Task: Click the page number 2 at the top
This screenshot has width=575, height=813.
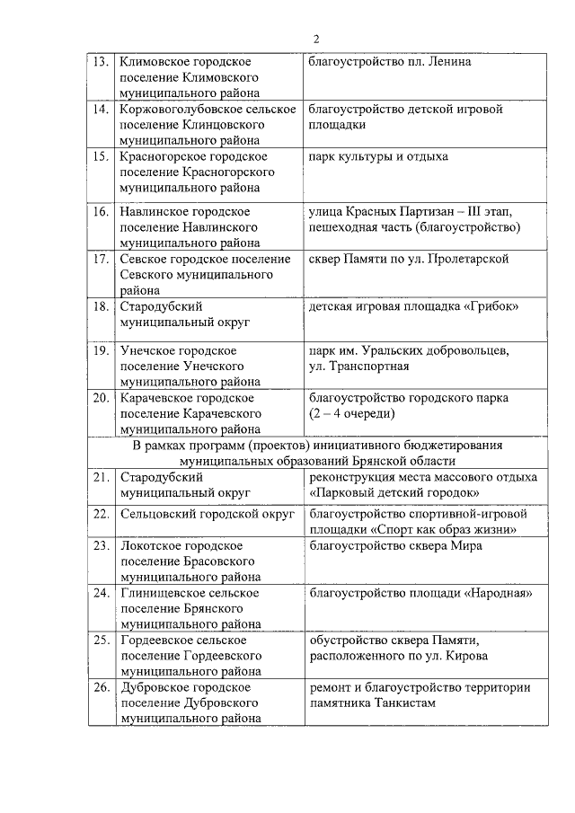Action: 316,38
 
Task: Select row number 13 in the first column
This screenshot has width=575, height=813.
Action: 101,62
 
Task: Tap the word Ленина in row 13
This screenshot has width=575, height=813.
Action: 449,62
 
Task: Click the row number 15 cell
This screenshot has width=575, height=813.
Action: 101,157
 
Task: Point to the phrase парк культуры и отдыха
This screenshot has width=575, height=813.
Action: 377,157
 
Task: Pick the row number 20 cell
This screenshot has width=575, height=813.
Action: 101,398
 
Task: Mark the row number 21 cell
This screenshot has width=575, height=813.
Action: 101,477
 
